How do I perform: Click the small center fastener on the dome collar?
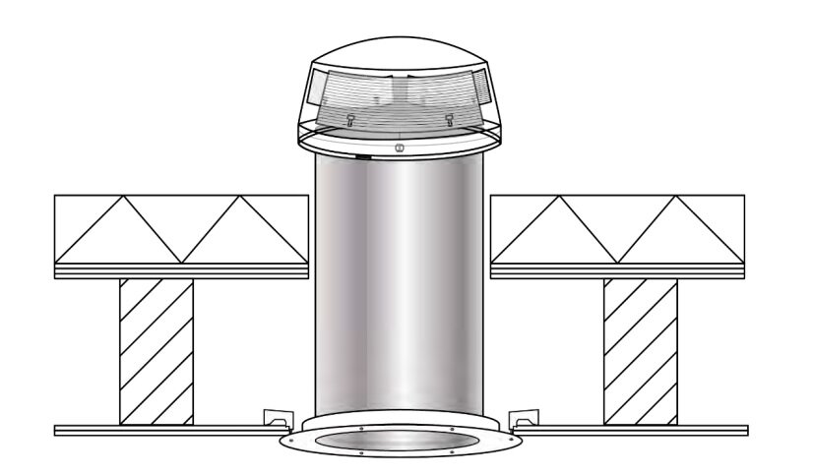(399, 148)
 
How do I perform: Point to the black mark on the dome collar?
(363, 155)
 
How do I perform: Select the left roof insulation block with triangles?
(181, 229)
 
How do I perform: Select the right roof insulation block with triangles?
(617, 229)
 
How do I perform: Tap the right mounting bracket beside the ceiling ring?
(525, 417)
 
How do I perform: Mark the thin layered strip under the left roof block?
(181, 270)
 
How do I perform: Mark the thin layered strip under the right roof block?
(617, 270)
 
